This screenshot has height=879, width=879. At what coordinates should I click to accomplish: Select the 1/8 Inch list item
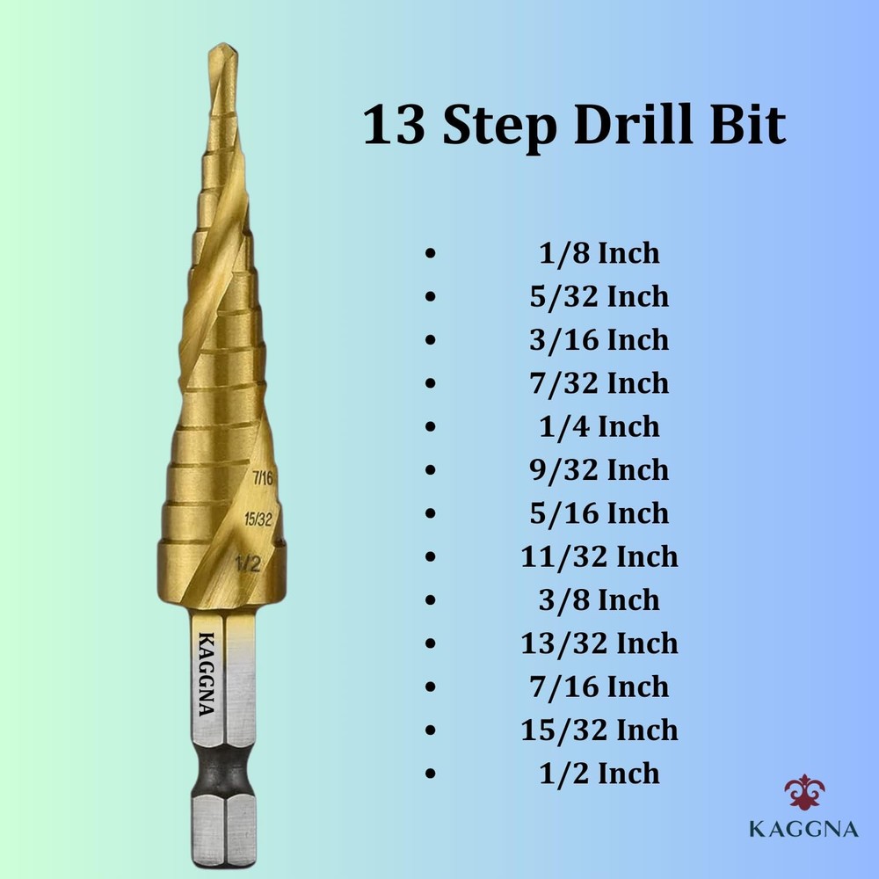tap(599, 254)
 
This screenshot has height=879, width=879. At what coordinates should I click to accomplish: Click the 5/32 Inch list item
tap(599, 297)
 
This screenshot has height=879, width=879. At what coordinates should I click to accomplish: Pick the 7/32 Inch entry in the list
tap(599, 383)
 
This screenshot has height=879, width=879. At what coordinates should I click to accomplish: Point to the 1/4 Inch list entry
tap(599, 427)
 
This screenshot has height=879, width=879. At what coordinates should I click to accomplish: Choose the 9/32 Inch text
tap(599, 470)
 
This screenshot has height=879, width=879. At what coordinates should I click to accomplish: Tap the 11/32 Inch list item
tap(599, 556)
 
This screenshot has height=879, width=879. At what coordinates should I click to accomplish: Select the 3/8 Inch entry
tap(599, 600)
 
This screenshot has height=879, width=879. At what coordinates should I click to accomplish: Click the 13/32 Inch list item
tap(599, 643)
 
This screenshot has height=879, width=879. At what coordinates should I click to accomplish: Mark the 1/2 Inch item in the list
tap(599, 774)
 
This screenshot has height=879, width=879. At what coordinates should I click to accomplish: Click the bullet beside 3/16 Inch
tap(429, 340)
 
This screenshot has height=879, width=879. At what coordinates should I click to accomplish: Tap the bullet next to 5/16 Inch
tap(429, 513)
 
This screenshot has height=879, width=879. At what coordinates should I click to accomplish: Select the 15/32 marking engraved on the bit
tap(258, 519)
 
